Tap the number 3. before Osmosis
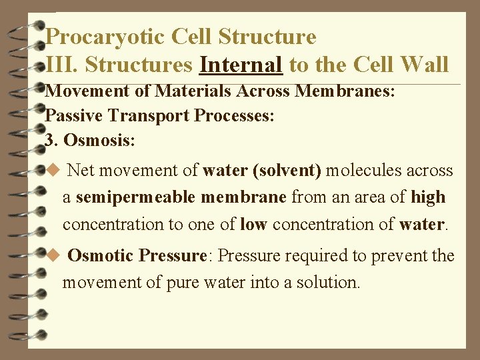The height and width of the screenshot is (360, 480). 51,141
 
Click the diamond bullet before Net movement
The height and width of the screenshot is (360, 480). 54,171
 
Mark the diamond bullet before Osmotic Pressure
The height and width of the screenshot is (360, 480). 54,255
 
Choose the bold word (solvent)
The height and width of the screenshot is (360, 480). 287,171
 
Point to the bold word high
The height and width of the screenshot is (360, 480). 428,197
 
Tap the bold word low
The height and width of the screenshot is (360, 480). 253,224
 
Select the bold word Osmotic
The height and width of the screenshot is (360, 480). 101,255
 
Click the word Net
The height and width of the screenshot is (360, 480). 81,171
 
